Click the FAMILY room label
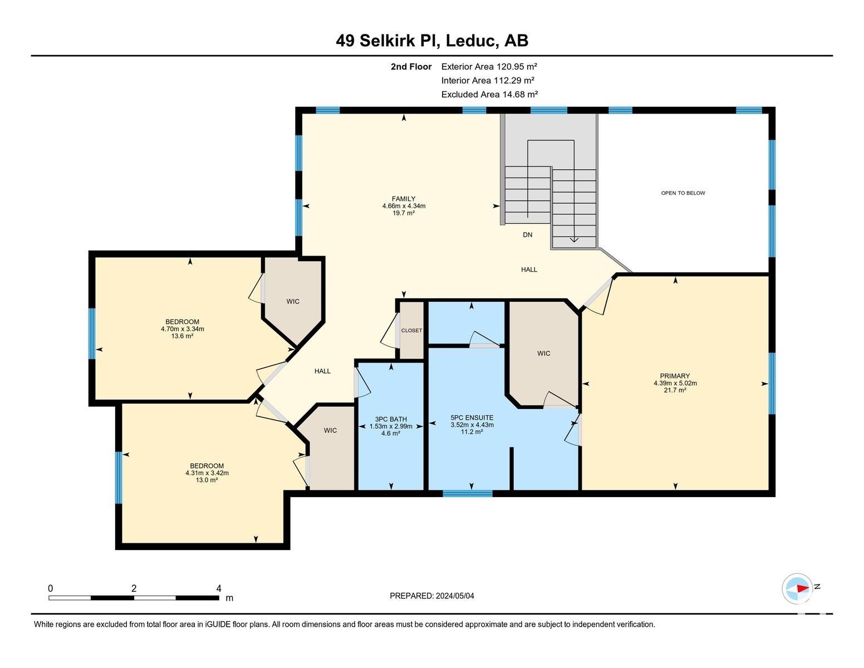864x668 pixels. [x=403, y=199]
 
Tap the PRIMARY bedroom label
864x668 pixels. [x=675, y=376]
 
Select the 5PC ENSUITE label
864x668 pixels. [x=472, y=417]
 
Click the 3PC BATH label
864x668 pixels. [x=390, y=419]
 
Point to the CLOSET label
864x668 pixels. [x=411, y=331]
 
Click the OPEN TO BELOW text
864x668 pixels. [x=683, y=193]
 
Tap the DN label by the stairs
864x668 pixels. [x=527, y=235]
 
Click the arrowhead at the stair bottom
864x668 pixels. [x=574, y=239]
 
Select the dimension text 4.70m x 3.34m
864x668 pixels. [x=182, y=329]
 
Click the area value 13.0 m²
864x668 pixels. [x=207, y=480]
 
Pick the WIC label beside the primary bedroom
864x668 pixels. [x=543, y=353]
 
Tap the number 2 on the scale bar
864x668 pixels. [x=134, y=588]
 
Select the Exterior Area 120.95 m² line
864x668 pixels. [x=489, y=67]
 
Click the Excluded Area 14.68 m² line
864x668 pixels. [x=489, y=95]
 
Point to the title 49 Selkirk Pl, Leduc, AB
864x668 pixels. [x=432, y=41]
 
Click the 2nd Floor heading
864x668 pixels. [x=411, y=67]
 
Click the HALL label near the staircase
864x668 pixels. [x=529, y=269]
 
